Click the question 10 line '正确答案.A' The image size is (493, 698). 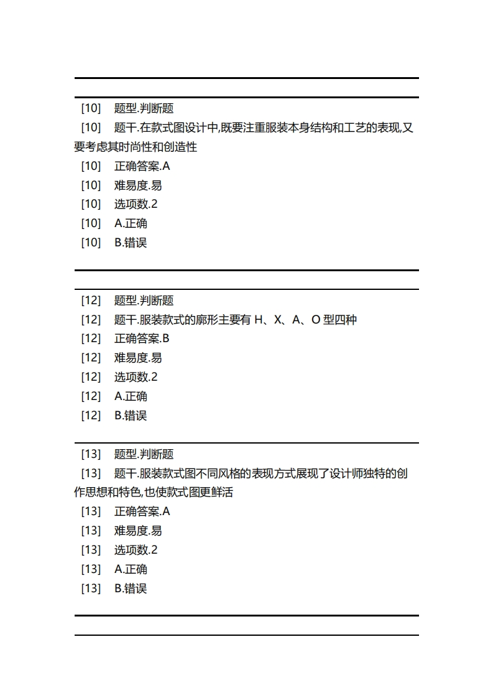(x=142, y=166)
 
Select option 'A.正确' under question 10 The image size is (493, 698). (x=131, y=223)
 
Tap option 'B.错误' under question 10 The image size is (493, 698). (x=131, y=243)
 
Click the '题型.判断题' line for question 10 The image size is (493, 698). (x=144, y=108)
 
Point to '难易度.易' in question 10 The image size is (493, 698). (x=138, y=185)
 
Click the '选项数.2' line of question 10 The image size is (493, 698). (x=136, y=204)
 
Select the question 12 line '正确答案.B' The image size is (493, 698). (x=142, y=339)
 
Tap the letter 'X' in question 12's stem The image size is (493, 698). (x=277, y=320)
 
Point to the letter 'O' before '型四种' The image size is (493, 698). (x=315, y=320)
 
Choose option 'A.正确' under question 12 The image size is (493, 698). (x=131, y=396)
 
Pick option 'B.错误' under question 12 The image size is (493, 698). (x=131, y=416)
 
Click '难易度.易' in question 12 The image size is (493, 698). (x=138, y=358)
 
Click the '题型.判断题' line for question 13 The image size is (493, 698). (x=144, y=454)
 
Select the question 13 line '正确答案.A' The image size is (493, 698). (x=142, y=512)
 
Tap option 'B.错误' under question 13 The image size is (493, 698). (x=131, y=589)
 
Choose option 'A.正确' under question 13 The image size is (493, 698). (x=131, y=569)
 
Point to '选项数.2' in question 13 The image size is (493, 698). (x=136, y=550)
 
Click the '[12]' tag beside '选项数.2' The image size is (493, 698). (x=91, y=377)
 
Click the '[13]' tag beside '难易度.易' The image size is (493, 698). (x=91, y=531)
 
